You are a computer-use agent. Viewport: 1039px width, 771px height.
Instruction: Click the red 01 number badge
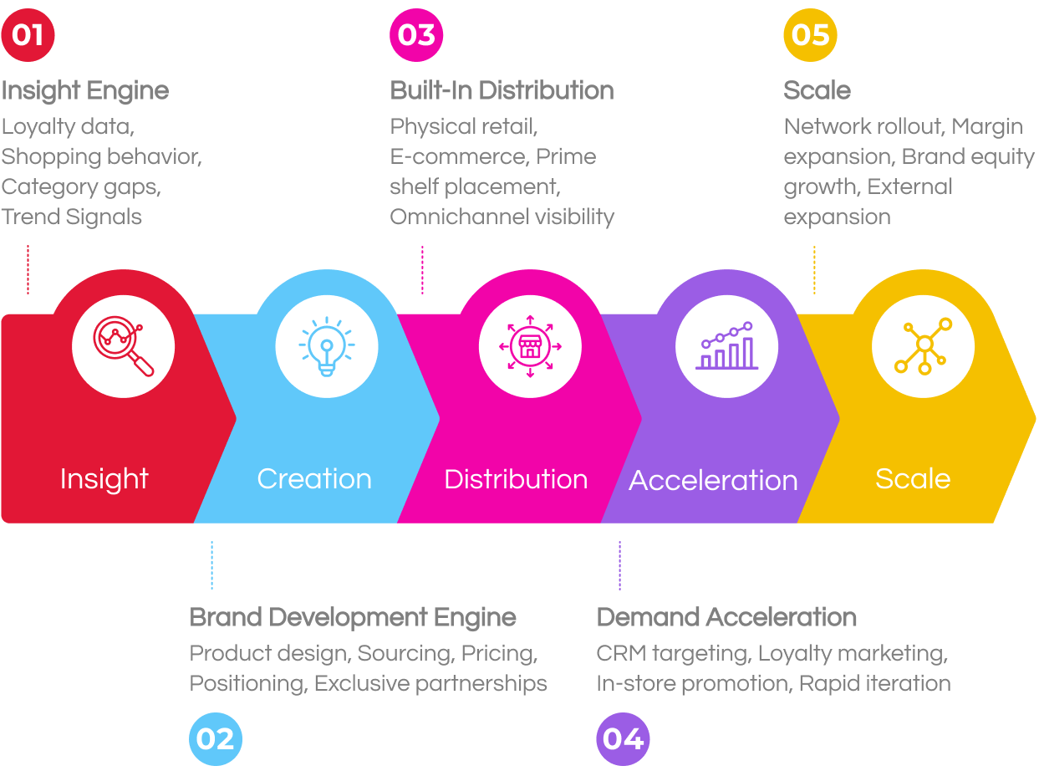pyautogui.click(x=28, y=35)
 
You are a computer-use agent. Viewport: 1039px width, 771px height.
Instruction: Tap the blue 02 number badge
pyautogui.click(x=216, y=739)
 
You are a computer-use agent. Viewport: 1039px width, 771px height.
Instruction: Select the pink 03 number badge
pyautogui.click(x=416, y=35)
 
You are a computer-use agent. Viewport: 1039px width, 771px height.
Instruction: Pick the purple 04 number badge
pyautogui.click(x=623, y=739)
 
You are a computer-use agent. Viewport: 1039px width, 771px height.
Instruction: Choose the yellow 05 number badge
pyautogui.click(x=810, y=35)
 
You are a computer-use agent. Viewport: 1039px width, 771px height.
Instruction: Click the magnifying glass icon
pyautogui.click(x=123, y=346)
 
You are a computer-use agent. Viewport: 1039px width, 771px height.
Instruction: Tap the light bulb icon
pyautogui.click(x=327, y=346)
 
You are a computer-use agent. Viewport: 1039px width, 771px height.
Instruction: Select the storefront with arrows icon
pyautogui.click(x=530, y=346)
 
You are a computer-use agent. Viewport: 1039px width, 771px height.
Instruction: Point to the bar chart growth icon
pyautogui.click(x=726, y=346)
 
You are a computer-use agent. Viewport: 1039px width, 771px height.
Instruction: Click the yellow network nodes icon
pyautogui.click(x=923, y=346)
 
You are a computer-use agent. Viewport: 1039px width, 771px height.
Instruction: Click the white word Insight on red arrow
pyautogui.click(x=104, y=479)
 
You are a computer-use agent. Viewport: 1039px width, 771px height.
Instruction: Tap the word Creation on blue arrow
pyautogui.click(x=314, y=479)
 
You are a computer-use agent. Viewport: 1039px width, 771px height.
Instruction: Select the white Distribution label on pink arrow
pyautogui.click(x=516, y=479)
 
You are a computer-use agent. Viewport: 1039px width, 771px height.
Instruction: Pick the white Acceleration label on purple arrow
pyautogui.click(x=713, y=480)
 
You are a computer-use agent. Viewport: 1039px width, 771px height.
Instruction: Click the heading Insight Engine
pyautogui.click(x=84, y=91)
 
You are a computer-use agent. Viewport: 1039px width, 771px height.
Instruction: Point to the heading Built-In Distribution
pyautogui.click(x=502, y=90)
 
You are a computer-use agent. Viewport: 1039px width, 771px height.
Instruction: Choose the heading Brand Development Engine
pyautogui.click(x=352, y=618)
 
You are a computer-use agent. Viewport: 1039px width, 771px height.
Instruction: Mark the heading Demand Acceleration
pyautogui.click(x=726, y=617)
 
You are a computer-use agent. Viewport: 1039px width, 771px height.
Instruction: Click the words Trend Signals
pyautogui.click(x=71, y=217)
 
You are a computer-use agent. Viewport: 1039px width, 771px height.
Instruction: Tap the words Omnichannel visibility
pyautogui.click(x=502, y=217)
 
